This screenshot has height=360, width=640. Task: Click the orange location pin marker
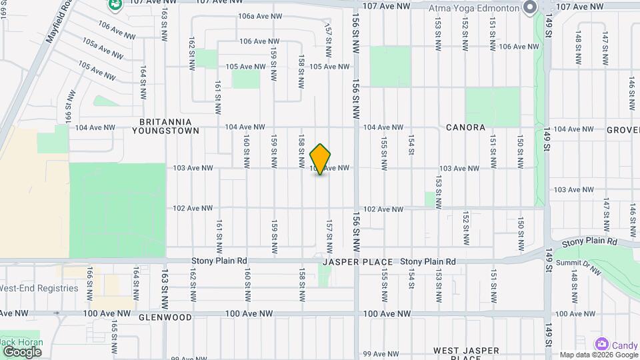321,159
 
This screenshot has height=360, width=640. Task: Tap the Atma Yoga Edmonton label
475,6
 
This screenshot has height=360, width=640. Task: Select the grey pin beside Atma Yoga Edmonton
530,8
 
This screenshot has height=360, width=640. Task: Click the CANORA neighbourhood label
465,127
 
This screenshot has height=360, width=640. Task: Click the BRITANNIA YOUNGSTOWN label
169,127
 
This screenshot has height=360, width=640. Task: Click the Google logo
21,352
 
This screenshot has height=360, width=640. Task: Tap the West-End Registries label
39,289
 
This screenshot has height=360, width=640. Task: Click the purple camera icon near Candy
602,344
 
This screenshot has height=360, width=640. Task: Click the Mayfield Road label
59,21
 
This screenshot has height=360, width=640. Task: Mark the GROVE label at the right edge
623,129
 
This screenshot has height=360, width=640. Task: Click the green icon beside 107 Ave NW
116,5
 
